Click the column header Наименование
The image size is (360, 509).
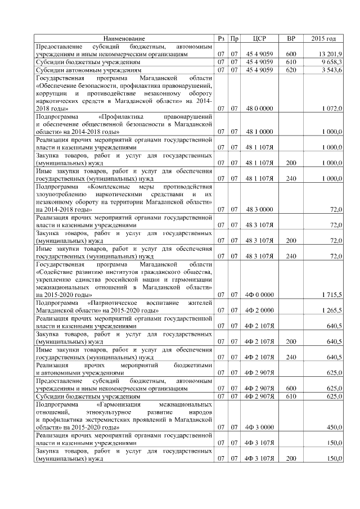(124, 39)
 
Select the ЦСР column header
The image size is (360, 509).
(259, 39)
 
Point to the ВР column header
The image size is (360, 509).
(291, 39)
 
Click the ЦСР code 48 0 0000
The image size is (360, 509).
(259, 107)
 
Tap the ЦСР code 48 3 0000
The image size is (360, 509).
(259, 209)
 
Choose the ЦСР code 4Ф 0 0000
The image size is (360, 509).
(259, 294)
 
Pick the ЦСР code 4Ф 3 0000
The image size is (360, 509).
(259, 427)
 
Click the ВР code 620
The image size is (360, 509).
(291, 70)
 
